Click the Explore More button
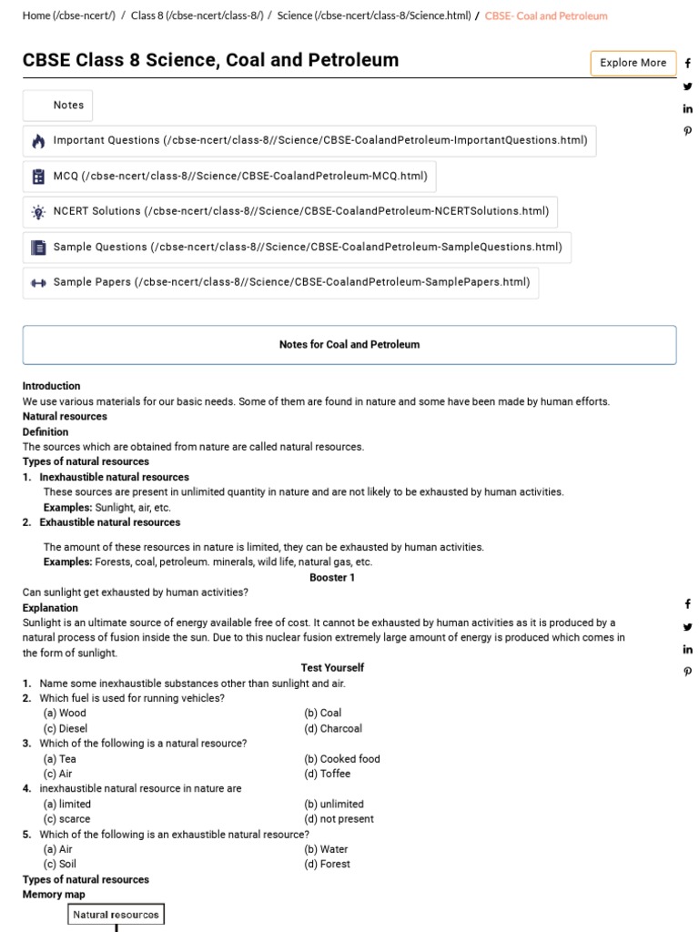click(633, 63)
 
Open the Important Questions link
click(319, 141)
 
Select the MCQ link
click(240, 177)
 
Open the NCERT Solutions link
click(300, 212)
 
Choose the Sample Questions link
click(308, 248)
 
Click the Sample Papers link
click(291, 283)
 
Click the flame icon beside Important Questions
click(38, 141)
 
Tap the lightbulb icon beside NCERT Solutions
click(38, 212)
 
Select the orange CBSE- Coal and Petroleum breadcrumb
click(546, 15)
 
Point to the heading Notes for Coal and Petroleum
click(349, 345)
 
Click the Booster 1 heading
click(332, 577)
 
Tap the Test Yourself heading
click(332, 667)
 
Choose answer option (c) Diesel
click(66, 728)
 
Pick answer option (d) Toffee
click(328, 774)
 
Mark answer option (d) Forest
click(328, 864)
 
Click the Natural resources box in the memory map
click(116, 915)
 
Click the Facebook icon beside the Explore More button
click(687, 64)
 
